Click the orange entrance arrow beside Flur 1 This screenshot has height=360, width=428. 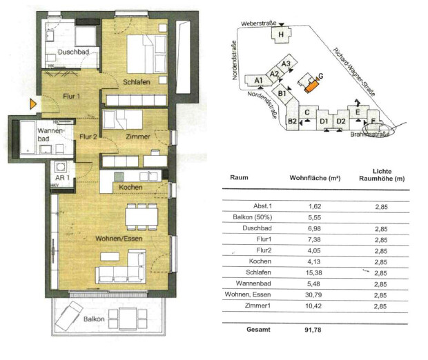click(x=33, y=104)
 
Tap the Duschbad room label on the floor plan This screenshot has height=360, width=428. click(x=73, y=52)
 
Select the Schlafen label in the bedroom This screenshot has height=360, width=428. click(x=137, y=82)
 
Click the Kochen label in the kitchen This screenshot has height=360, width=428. click(x=130, y=187)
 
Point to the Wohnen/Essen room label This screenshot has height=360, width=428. click(x=119, y=239)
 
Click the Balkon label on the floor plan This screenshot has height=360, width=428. click(x=94, y=319)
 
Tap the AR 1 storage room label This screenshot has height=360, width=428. click(x=62, y=177)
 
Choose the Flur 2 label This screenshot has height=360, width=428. click(x=88, y=137)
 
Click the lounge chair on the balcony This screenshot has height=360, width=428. click(x=69, y=316)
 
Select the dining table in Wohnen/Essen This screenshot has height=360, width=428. click(x=142, y=217)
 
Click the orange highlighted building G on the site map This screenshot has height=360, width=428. click(x=311, y=87)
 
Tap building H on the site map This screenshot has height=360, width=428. click(x=281, y=34)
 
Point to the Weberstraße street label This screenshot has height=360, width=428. click(x=258, y=23)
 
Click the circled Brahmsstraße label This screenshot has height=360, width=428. click(x=369, y=134)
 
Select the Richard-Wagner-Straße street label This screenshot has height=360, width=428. click(x=354, y=72)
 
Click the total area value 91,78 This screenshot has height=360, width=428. click(x=313, y=330)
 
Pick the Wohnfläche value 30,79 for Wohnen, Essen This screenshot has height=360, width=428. click(x=313, y=294)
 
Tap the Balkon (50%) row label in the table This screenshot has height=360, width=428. click(x=253, y=217)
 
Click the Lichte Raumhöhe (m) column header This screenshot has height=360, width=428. click(x=382, y=174)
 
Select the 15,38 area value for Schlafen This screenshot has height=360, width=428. click(x=313, y=272)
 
